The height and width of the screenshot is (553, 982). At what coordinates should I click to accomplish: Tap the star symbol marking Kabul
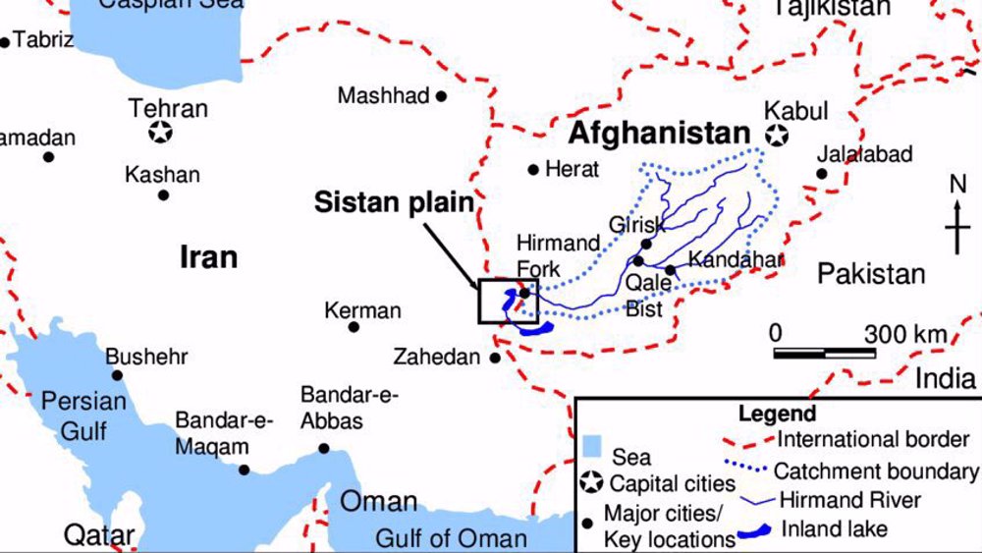[778, 136]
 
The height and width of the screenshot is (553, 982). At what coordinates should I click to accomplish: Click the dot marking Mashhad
[442, 96]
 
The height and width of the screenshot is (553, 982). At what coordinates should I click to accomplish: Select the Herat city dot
[533, 169]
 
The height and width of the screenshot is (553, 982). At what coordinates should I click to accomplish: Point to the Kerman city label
[362, 311]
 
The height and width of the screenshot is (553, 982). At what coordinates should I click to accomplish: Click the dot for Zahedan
[495, 358]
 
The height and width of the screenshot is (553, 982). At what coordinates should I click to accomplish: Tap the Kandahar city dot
[670, 269]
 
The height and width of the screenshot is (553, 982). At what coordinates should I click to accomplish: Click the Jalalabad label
[864, 154]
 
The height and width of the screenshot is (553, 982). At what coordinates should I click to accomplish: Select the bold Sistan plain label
[394, 202]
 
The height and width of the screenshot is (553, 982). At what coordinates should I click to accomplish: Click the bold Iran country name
[208, 257]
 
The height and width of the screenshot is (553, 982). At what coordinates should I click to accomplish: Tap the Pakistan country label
[871, 274]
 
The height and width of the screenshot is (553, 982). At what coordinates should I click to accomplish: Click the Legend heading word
[777, 414]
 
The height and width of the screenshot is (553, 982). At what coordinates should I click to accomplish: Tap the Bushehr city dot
[117, 375]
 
